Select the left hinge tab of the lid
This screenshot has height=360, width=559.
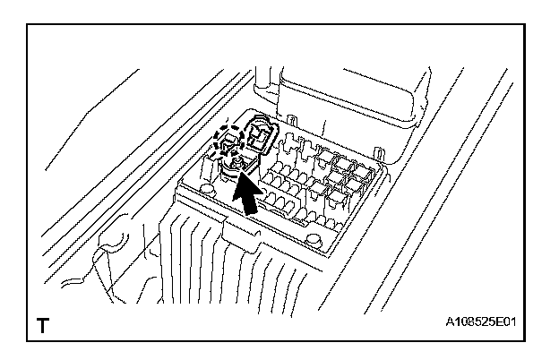(x=293, y=116)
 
